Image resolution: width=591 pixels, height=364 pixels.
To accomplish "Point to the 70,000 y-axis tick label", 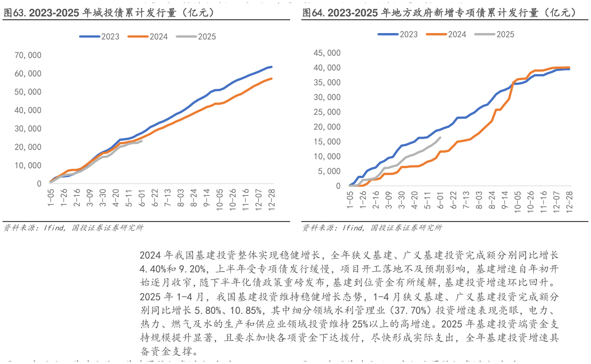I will click(29, 55).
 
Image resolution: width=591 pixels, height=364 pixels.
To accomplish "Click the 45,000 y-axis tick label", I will click(327, 53).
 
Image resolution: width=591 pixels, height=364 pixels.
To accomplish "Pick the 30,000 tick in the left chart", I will click(29, 129).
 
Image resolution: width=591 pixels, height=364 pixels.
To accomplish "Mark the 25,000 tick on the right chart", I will click(327, 112).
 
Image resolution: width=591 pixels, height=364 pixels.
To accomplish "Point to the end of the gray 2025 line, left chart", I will click(142, 141).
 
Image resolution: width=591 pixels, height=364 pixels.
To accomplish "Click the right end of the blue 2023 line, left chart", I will click(271, 67).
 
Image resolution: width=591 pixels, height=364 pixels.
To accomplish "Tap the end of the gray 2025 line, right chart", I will click(440, 138).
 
